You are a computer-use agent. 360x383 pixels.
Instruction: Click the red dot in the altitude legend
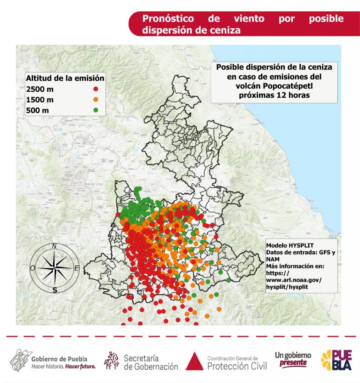coord(96,89)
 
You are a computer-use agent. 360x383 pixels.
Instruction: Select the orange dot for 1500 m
coord(96,99)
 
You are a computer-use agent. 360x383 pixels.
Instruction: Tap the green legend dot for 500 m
coord(96,110)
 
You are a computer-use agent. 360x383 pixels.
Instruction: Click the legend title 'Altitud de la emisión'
coord(65,78)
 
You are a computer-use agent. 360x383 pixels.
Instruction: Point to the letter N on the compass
coord(54,246)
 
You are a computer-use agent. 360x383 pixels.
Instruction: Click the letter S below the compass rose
coord(55,290)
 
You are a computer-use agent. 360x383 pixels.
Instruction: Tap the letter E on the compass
coord(76,268)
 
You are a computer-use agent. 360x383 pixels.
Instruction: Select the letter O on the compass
coord(33,268)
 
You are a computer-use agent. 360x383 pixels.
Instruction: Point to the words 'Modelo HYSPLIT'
coord(287,245)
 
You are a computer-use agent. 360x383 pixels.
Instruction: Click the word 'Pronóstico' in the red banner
coord(168,19)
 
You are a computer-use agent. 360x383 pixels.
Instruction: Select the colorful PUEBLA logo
coord(336,360)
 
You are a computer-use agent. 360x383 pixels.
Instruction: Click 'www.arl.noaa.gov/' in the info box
coord(293,280)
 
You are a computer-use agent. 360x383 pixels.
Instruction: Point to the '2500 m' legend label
coord(40,89)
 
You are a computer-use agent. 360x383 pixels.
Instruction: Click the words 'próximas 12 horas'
coord(274,95)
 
